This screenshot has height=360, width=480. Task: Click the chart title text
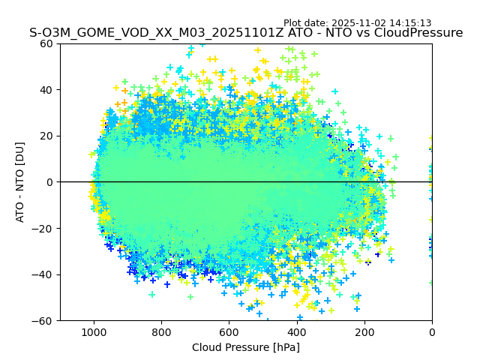coord(246,33)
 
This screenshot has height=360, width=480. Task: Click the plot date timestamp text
coord(357,23)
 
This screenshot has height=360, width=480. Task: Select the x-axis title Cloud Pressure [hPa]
coord(246,347)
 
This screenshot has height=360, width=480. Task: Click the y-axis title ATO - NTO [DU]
coord(21,182)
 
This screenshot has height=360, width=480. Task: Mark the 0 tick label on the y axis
coord(49,182)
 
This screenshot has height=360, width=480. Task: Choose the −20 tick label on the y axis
coord(43,229)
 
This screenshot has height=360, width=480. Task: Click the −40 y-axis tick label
coord(43,274)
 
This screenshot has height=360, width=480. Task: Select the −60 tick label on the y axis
coord(43,321)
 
